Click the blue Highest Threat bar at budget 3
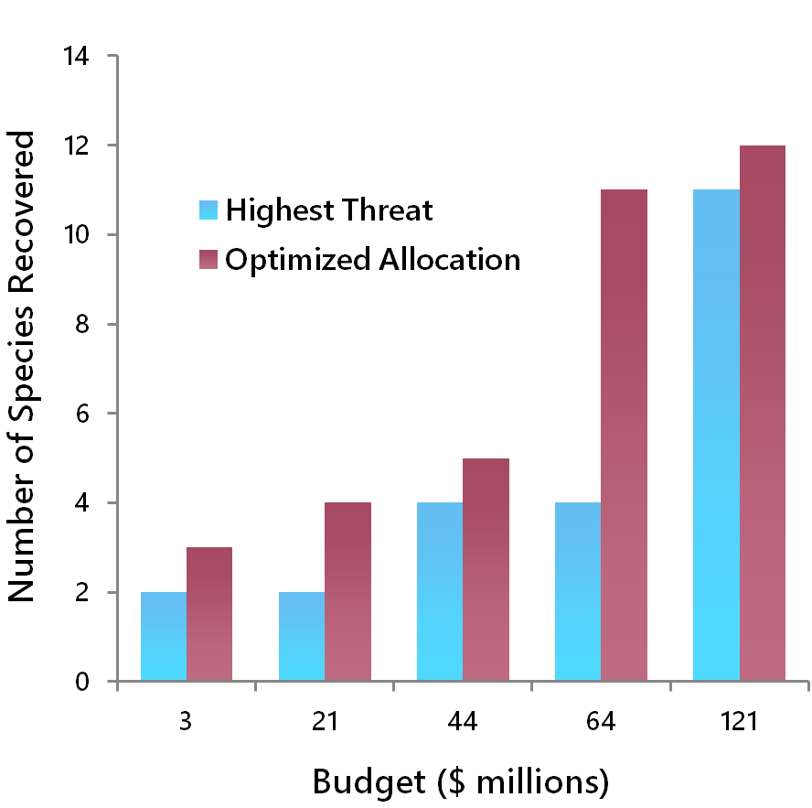pyautogui.click(x=164, y=636)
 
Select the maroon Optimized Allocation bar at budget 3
pyautogui.click(x=209, y=614)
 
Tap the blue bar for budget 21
pyautogui.click(x=302, y=636)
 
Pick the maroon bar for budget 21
pyautogui.click(x=347, y=592)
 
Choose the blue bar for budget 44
pyautogui.click(x=440, y=592)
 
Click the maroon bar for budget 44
pyautogui.click(x=486, y=569)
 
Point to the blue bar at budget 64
pyautogui.click(x=578, y=592)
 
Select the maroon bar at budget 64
pyautogui.click(x=624, y=436)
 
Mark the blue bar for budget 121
pyautogui.click(x=716, y=436)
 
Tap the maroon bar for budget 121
pyautogui.click(x=763, y=414)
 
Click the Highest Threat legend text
pyautogui.click(x=329, y=210)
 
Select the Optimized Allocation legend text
pyautogui.click(x=373, y=260)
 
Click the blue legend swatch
pyautogui.click(x=208, y=210)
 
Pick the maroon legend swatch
pyautogui.click(x=208, y=260)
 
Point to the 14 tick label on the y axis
pyautogui.click(x=77, y=57)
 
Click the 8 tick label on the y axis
pyautogui.click(x=83, y=324)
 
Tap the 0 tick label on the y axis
pyautogui.click(x=83, y=682)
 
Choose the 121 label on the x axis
pyautogui.click(x=739, y=722)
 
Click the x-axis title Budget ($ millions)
pyautogui.click(x=460, y=782)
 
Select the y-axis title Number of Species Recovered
pyautogui.click(x=22, y=366)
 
